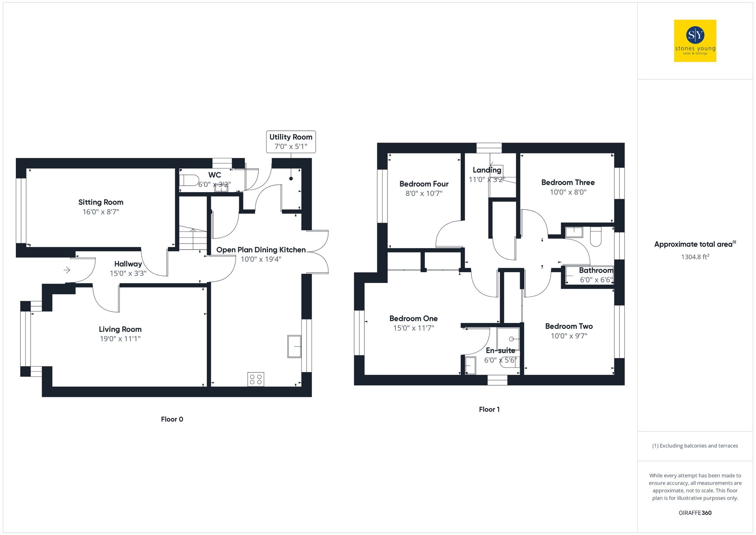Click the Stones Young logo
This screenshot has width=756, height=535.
pyautogui.click(x=695, y=41)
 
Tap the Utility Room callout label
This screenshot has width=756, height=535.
pyautogui.click(x=291, y=142)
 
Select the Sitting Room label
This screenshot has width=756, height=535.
pyautogui.click(x=101, y=202)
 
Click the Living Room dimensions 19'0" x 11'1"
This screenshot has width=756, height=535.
pyautogui.click(x=120, y=339)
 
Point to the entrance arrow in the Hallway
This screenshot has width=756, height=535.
pyautogui.click(x=67, y=270)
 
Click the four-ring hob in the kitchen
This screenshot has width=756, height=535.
pyautogui.click(x=256, y=379)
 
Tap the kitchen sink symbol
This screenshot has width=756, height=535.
pyautogui.click(x=294, y=346)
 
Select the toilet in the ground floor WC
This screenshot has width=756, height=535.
pyautogui.click(x=189, y=180)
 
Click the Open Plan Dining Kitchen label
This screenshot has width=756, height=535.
pyautogui.click(x=261, y=250)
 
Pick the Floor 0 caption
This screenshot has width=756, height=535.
pyautogui.click(x=172, y=419)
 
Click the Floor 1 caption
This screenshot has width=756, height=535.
pyautogui.click(x=489, y=409)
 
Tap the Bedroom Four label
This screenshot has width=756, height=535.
pyautogui.click(x=424, y=184)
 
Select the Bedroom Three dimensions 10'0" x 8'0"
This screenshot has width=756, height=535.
pyautogui.click(x=568, y=192)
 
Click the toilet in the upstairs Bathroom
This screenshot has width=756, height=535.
pyautogui.click(x=595, y=237)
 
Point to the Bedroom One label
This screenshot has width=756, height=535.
pyautogui.click(x=414, y=318)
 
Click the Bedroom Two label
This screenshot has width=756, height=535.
pyautogui.click(x=569, y=326)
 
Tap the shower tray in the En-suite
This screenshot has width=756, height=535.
pyautogui.click(x=508, y=339)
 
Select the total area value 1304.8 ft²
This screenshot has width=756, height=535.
pyautogui.click(x=695, y=257)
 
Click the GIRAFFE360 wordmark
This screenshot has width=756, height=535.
pyautogui.click(x=695, y=513)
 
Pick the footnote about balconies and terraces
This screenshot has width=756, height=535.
pyautogui.click(x=695, y=446)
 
